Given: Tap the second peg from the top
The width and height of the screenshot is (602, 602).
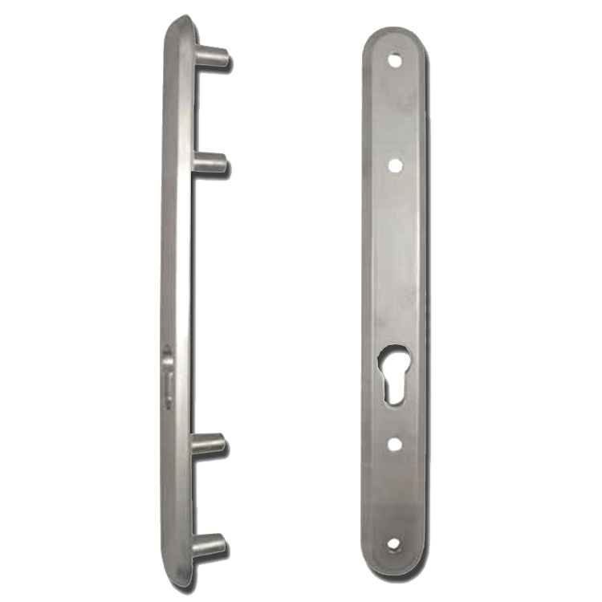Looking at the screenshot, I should (210, 165).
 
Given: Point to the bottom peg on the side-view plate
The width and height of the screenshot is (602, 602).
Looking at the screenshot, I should (210, 547).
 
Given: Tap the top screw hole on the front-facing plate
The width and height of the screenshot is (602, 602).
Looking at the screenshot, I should (394, 59).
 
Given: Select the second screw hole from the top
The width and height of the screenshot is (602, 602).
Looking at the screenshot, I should (394, 165).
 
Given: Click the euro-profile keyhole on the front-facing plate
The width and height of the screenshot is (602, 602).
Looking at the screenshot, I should (394, 370).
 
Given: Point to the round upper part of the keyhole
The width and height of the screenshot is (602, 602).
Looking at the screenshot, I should (394, 356).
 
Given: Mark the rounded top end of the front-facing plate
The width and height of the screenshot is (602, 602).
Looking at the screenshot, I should (394, 36).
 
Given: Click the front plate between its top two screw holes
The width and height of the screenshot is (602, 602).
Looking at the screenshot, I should (394, 112).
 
